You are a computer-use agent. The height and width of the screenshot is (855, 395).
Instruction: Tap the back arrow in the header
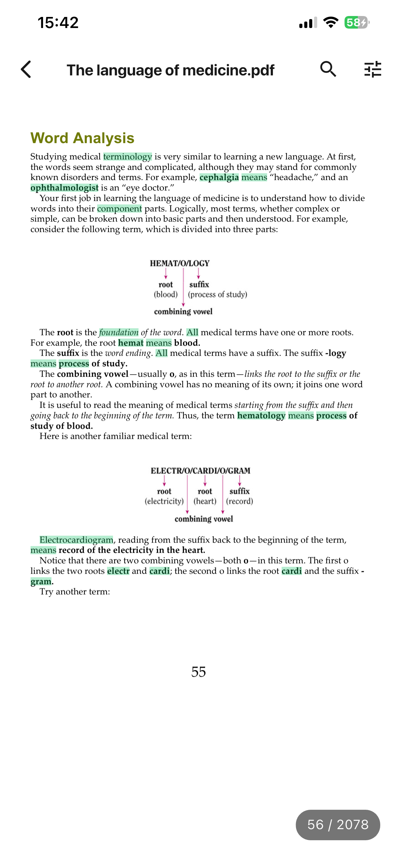click(x=26, y=69)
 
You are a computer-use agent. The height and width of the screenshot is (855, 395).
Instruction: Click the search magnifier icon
click(x=328, y=69)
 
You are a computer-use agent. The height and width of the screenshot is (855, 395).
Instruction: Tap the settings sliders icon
click(x=373, y=69)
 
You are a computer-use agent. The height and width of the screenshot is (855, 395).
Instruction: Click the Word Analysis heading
click(x=82, y=138)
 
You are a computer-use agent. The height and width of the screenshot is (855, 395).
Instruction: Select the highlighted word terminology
click(x=127, y=157)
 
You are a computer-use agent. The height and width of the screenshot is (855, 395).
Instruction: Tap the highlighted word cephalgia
click(x=219, y=177)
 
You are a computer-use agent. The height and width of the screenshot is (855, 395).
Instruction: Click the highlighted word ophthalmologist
click(x=64, y=188)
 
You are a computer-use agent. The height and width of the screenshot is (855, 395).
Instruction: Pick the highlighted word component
click(x=119, y=209)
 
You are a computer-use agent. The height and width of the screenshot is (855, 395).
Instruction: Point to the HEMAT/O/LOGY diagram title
click(x=180, y=263)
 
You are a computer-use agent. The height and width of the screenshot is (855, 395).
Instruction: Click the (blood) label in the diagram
click(x=166, y=295)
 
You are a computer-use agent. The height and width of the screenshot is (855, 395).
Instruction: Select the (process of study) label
click(x=217, y=295)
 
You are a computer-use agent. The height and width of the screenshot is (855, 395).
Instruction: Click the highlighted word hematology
click(x=261, y=415)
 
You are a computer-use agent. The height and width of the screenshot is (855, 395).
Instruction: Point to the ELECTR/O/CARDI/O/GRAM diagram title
click(x=200, y=471)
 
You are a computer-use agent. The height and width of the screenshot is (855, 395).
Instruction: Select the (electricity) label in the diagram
click(x=164, y=501)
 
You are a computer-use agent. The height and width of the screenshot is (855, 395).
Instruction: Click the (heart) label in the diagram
click(x=205, y=501)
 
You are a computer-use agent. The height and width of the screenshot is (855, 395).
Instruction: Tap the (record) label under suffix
click(x=239, y=501)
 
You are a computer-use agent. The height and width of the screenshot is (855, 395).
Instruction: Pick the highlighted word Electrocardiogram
click(x=76, y=540)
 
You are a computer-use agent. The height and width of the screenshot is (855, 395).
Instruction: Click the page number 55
click(x=198, y=672)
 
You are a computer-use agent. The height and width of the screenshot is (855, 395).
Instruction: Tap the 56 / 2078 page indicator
click(x=337, y=825)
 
